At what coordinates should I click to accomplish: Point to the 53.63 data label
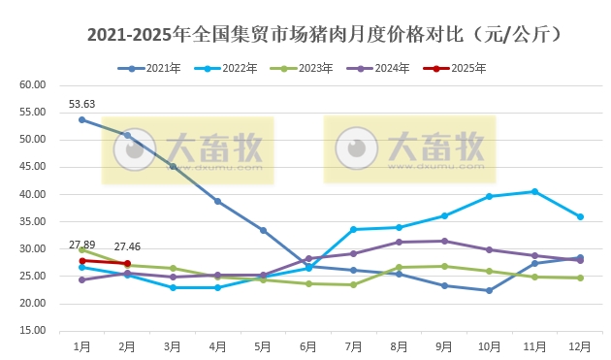(x=82, y=105)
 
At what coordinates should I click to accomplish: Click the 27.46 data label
(x=128, y=246)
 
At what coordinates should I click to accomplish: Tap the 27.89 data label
(x=82, y=244)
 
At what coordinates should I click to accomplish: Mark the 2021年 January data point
(x=82, y=119)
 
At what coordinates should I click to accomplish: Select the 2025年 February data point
(x=128, y=263)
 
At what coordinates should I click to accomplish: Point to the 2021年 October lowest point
(x=490, y=290)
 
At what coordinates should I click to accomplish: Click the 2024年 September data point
(x=444, y=241)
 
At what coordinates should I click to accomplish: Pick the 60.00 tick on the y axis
(x=33, y=84)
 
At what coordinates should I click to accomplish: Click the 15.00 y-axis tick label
(x=33, y=331)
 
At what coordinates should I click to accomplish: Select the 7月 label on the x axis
(x=354, y=346)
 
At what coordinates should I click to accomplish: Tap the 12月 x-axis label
(x=580, y=346)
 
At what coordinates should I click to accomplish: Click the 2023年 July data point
(x=354, y=284)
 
